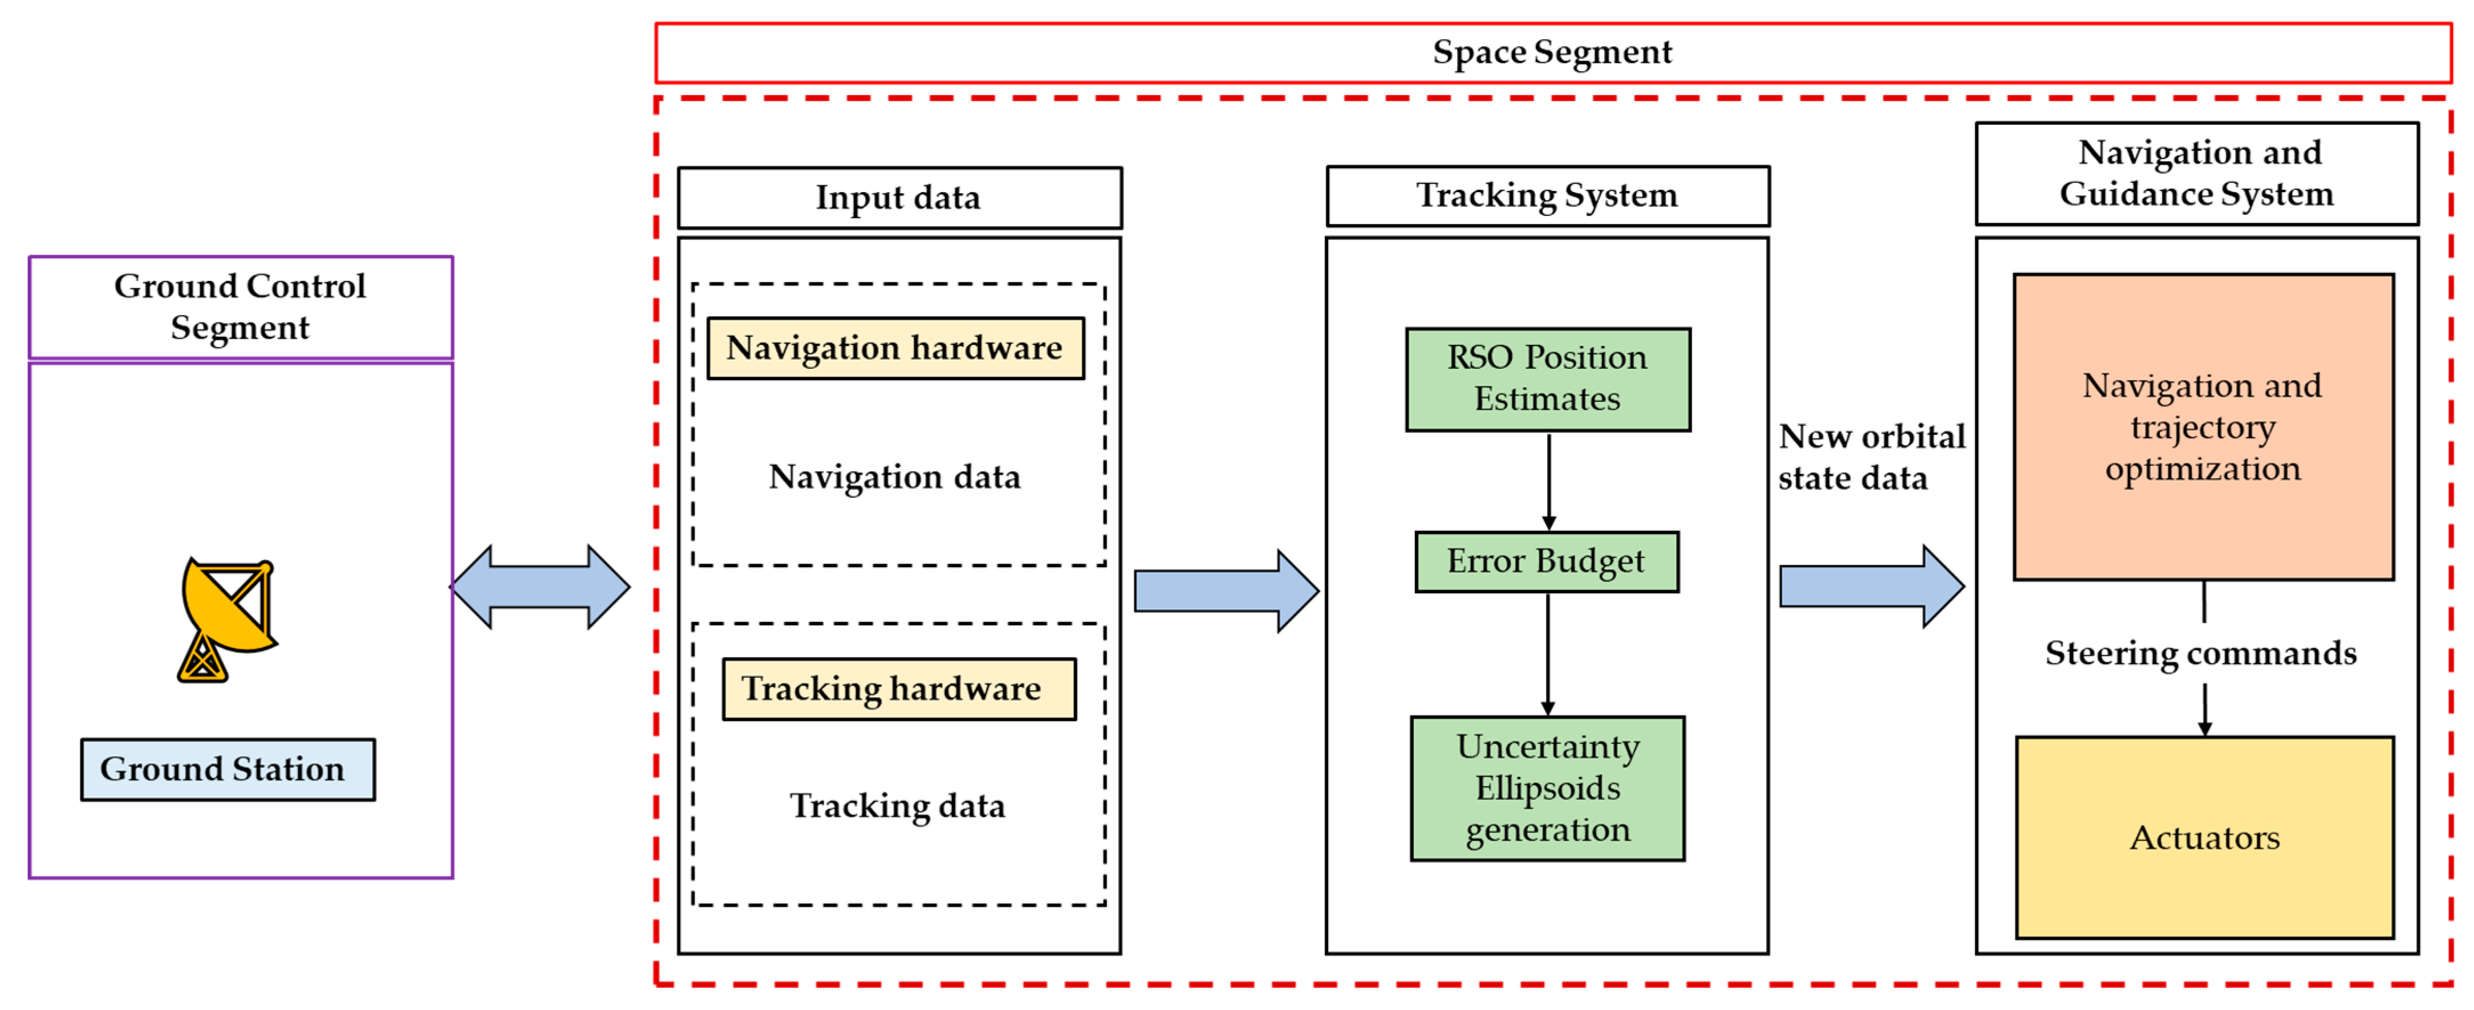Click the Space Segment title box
[x=1553, y=53]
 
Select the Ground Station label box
[x=228, y=769]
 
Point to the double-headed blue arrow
[x=541, y=587]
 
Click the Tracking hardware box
[x=899, y=689]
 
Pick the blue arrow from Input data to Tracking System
[x=1226, y=590]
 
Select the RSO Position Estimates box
[x=1548, y=379]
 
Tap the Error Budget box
[x=1547, y=561]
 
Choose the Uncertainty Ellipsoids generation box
[x=1547, y=788]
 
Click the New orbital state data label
[x=1871, y=457]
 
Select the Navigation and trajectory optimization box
[x=2203, y=427]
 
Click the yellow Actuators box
[x=2204, y=837]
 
